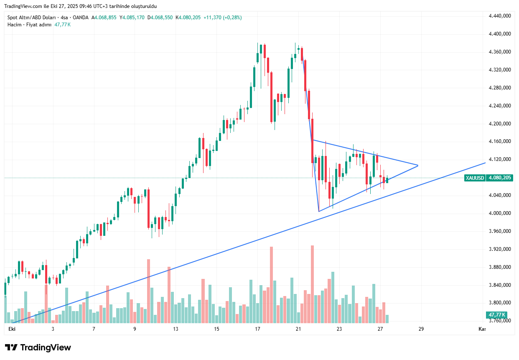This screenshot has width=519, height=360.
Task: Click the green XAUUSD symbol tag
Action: [x=475, y=178]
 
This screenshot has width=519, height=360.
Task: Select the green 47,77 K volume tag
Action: [x=496, y=315]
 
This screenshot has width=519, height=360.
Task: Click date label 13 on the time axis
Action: [x=176, y=329]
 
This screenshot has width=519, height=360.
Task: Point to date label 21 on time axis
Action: [x=298, y=329]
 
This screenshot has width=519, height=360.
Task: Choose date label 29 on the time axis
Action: [x=421, y=329]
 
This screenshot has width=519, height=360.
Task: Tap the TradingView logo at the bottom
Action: [x=38, y=348]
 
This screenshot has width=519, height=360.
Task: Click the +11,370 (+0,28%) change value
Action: [x=222, y=18]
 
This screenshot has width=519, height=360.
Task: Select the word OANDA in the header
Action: [x=81, y=18]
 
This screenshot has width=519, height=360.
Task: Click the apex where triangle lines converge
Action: [x=418, y=166]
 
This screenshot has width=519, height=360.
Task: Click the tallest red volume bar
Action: [x=312, y=284]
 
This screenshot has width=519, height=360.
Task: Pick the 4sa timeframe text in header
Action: [x=64, y=18]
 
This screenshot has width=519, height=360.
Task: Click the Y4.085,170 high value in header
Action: [x=132, y=18]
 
